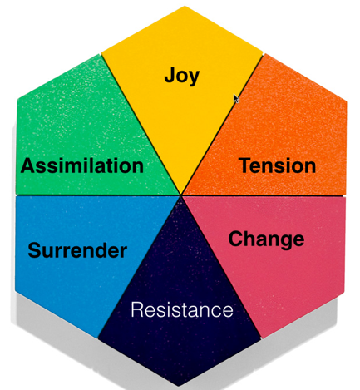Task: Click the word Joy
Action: [182, 76]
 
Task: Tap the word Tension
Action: [277, 165]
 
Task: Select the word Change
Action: [266, 240]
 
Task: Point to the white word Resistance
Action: [182, 309]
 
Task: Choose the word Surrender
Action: [77, 250]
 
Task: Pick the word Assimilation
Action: [82, 165]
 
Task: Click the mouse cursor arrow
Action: [236, 98]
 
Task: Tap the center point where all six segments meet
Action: [181, 195]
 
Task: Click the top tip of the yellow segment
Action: [184, 7]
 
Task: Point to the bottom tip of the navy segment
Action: [180, 385]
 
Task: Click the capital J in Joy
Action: [170, 75]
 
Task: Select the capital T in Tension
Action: [245, 165]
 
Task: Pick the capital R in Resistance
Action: [137, 309]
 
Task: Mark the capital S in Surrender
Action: [35, 250]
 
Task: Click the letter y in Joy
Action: [194, 78]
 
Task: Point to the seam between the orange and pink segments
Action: [264, 195]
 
